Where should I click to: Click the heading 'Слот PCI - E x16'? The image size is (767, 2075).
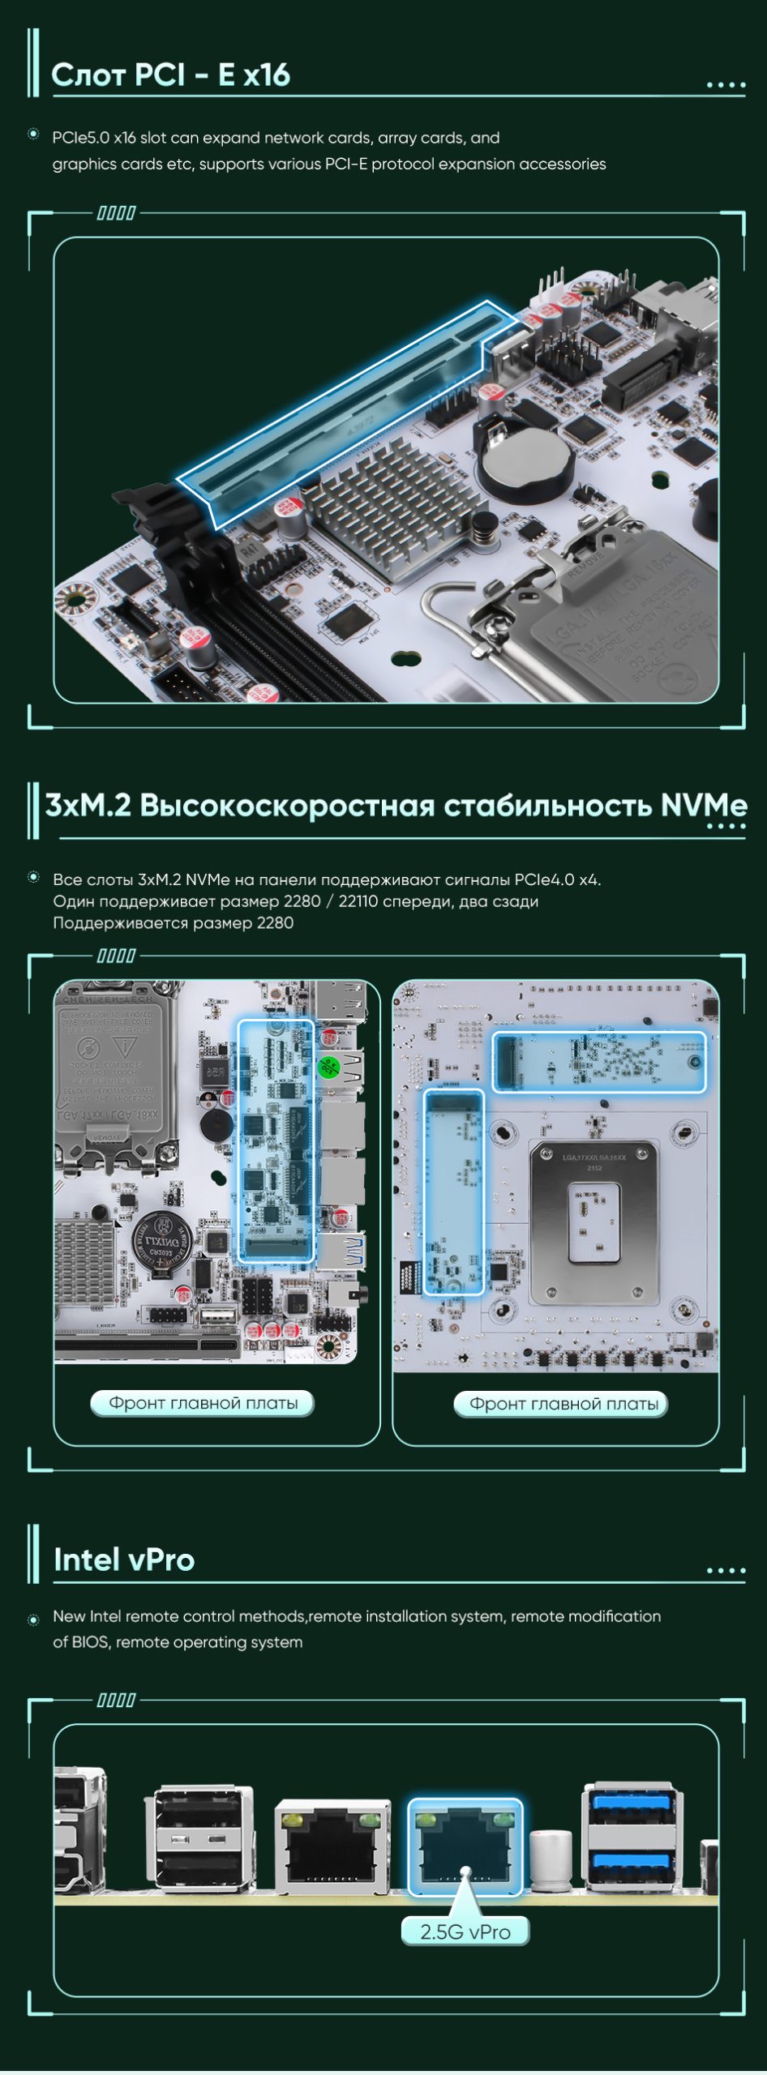click(x=170, y=75)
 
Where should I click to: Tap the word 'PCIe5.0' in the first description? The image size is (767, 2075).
click(x=80, y=138)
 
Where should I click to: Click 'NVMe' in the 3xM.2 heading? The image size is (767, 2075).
click(x=703, y=806)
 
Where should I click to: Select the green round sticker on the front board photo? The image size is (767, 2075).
click(x=328, y=1067)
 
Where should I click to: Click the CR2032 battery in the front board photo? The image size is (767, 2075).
click(x=163, y=1242)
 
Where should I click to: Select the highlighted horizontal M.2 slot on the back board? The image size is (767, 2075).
click(x=599, y=1062)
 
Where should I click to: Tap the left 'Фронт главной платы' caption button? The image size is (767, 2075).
click(x=203, y=1403)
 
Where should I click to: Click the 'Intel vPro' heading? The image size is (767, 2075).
click(x=124, y=1559)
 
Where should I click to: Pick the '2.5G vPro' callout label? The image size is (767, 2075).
click(x=465, y=1932)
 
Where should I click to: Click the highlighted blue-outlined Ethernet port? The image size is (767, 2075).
click(x=465, y=1847)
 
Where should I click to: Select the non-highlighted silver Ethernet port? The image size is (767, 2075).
click(x=332, y=1847)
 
